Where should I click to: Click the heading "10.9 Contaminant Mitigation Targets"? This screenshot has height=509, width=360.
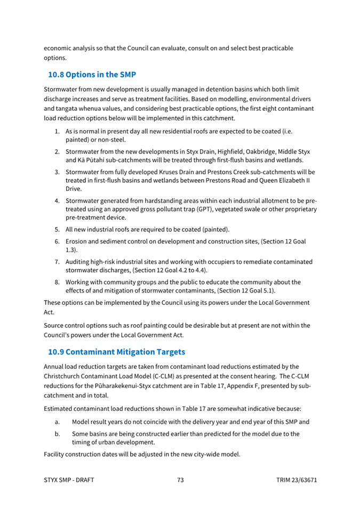pyautogui.click(x=116, y=352)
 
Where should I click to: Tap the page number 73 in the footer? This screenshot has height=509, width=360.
pyautogui.click(x=180, y=480)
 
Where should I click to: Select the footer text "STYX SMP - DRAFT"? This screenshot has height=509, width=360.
pyautogui.click(x=69, y=480)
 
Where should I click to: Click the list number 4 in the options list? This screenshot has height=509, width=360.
pyautogui.click(x=57, y=201)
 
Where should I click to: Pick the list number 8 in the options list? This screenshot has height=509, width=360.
pyautogui.click(x=57, y=282)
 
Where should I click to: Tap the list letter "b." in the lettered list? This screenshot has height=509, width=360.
pyautogui.click(x=57, y=434)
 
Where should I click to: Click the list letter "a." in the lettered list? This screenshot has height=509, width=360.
pyautogui.click(x=57, y=422)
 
